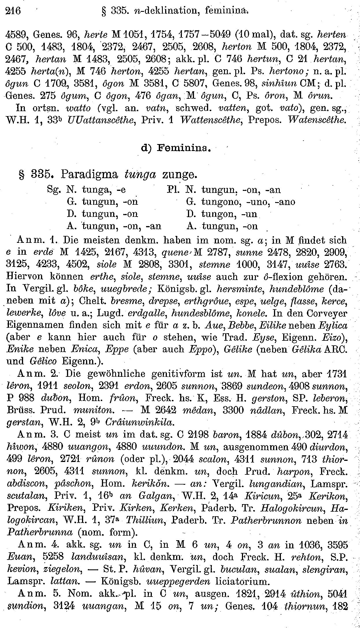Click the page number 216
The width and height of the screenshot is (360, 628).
(x=13, y=11)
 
